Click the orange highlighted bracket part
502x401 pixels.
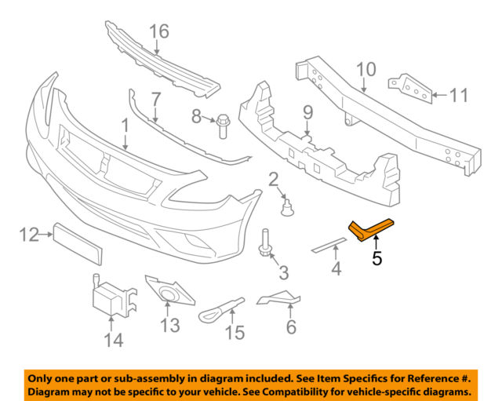(x=367, y=229)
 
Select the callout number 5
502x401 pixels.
(x=376, y=257)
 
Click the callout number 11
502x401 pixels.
(x=458, y=96)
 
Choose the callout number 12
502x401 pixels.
(x=29, y=233)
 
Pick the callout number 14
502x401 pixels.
(x=114, y=340)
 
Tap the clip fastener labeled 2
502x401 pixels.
(x=287, y=206)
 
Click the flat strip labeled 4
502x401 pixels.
(x=329, y=242)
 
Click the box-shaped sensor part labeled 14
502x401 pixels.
(x=110, y=298)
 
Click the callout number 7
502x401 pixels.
(x=155, y=100)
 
